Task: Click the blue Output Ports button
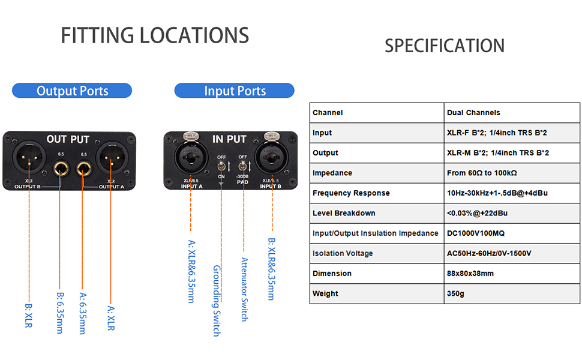(x=72, y=91)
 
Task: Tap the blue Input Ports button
(x=235, y=91)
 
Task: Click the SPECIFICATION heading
(x=444, y=46)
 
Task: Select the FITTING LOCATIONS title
(x=155, y=35)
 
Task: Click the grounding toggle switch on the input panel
(x=221, y=166)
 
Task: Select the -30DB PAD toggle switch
(x=243, y=165)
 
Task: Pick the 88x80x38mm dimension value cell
(x=470, y=274)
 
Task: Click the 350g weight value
(x=455, y=294)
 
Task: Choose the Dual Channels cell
(x=473, y=113)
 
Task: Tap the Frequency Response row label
(x=351, y=193)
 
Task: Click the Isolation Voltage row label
(x=343, y=253)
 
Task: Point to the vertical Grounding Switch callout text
(x=216, y=300)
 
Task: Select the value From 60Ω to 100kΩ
(x=482, y=173)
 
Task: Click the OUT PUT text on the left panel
(x=68, y=139)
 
